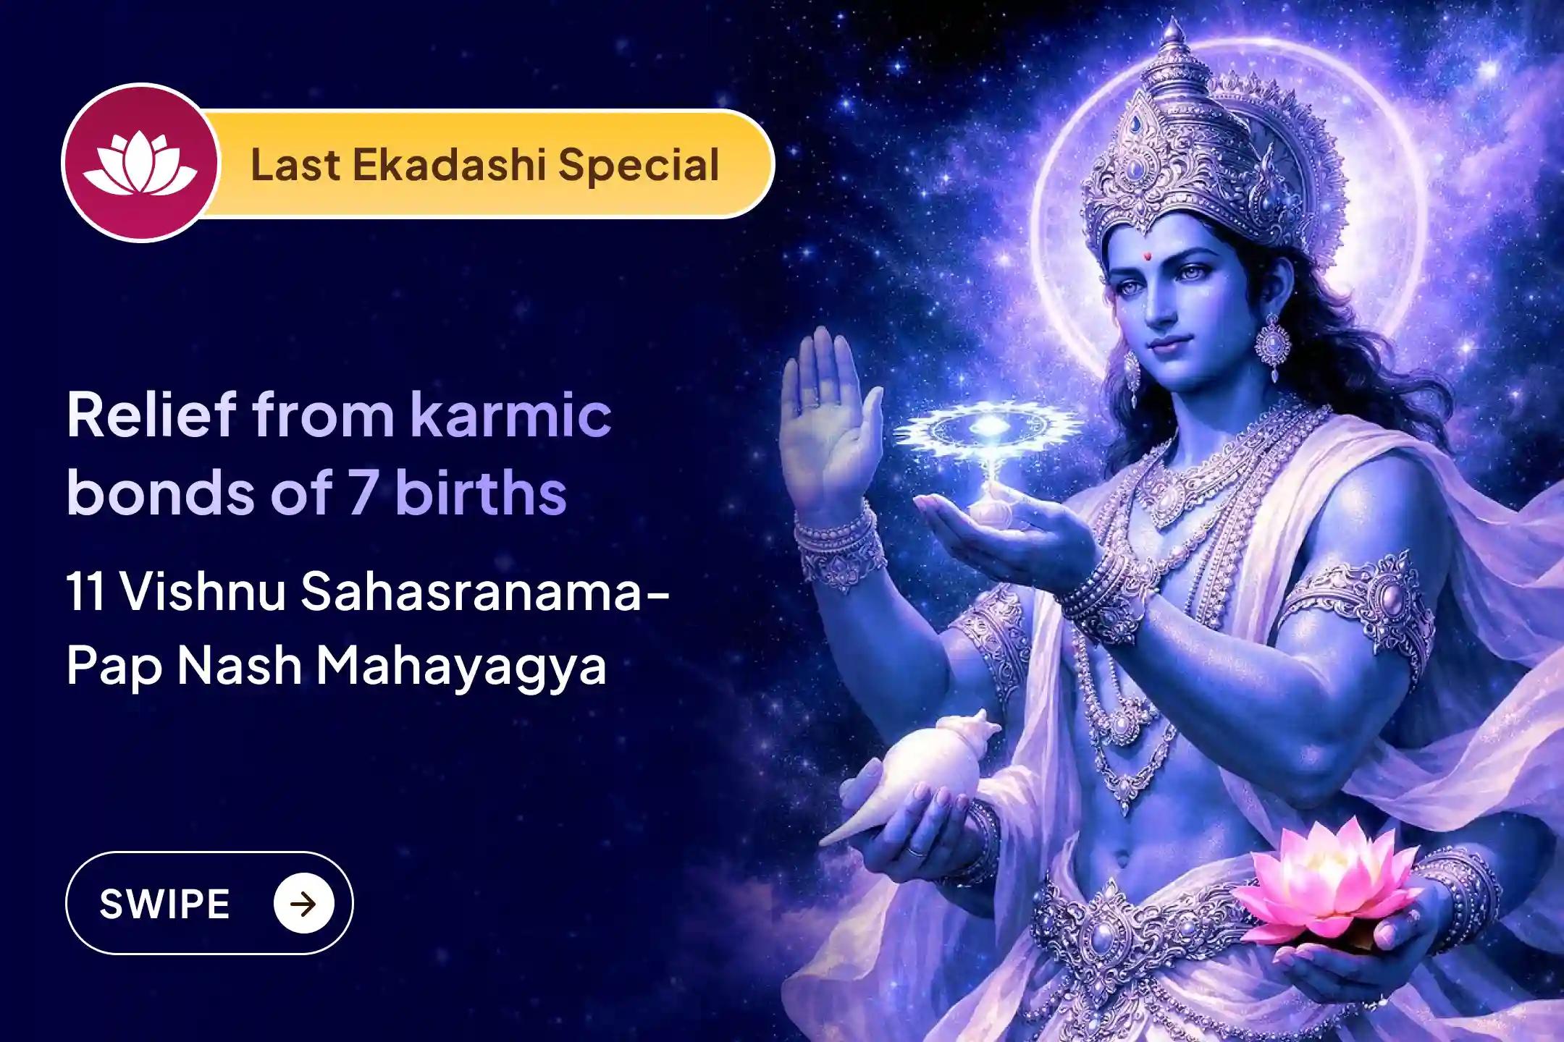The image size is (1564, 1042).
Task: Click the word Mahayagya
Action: [461, 666]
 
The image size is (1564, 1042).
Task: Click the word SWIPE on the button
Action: [164, 905]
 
